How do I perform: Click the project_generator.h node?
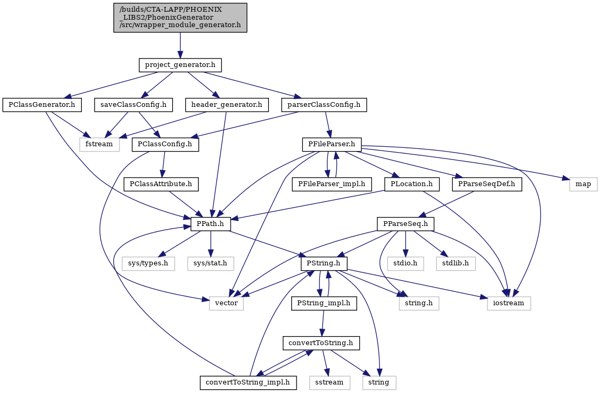(180, 65)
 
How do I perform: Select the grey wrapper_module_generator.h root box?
(180, 18)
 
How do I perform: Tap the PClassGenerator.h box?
(42, 105)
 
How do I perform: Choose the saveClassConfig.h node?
(134, 105)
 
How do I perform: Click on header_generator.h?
(227, 105)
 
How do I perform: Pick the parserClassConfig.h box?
(324, 105)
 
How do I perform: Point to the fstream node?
(99, 144)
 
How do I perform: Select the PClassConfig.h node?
(165, 144)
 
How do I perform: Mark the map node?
(583, 184)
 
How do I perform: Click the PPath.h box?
(211, 224)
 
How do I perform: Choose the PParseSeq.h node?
(405, 224)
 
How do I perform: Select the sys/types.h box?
(148, 264)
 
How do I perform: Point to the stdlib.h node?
(456, 264)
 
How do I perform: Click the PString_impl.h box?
(324, 303)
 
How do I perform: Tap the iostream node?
(509, 303)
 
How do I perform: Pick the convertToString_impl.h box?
(249, 382)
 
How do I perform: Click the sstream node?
(329, 382)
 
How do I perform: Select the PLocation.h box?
(412, 184)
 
